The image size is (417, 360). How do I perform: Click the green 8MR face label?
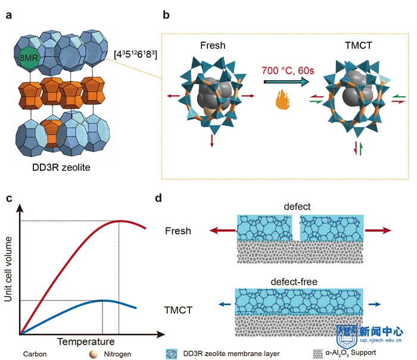pos(29,58)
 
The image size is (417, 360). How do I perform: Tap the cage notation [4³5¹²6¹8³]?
pos(135,55)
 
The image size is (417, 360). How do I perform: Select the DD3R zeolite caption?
pos(61,167)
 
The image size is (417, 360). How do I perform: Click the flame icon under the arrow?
pos(282,99)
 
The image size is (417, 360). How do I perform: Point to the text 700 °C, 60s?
pos(288,71)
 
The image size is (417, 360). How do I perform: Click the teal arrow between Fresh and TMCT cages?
pos(286,82)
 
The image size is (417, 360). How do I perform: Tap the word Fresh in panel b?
pos(213,45)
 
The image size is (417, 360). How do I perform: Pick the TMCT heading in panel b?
pos(359,45)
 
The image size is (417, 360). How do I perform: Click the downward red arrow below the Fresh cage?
pos(211,141)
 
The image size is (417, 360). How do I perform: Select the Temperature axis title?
pos(86,342)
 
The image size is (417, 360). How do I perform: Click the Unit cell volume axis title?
pos(8,269)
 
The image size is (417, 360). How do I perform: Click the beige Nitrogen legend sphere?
pos(94,354)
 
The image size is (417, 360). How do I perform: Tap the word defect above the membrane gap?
pos(297,206)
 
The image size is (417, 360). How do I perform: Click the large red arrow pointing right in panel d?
pos(378,230)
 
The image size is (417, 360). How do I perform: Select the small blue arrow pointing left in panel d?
pos(225,304)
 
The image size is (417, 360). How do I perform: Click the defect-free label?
pos(294,281)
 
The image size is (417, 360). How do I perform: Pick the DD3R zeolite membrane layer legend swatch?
pos(172,354)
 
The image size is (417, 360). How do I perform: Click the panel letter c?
pos(9,198)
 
